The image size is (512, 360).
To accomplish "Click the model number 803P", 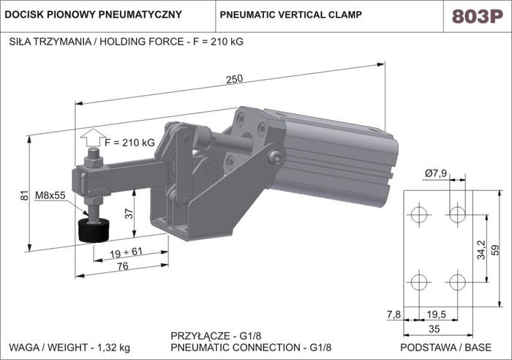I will pos(478,16).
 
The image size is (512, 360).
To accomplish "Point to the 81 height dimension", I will pos(23,195).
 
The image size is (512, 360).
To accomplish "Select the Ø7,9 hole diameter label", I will pos(436,173).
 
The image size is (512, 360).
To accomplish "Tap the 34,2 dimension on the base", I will pos(480,249).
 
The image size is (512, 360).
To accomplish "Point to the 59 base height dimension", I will pos(494,249).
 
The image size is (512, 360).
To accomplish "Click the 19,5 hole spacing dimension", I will pos(437,314).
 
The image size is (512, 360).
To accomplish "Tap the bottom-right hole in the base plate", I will pos(458,282).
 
